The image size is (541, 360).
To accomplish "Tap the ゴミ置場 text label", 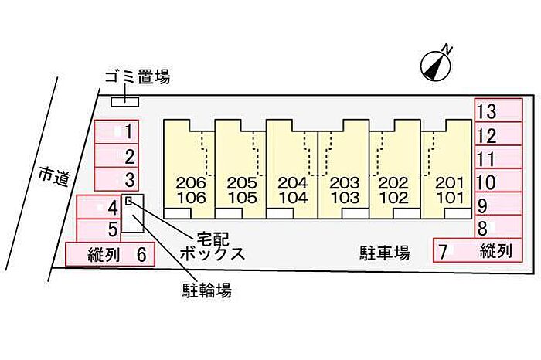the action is [138, 76].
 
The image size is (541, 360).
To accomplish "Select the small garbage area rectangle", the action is [124, 102].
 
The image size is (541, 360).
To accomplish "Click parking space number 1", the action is [116, 131].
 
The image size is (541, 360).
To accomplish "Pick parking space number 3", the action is [116, 179].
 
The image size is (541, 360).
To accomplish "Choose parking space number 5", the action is [98, 230].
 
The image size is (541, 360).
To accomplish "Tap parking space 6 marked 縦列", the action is [110, 254].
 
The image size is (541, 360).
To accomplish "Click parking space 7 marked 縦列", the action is [478, 251].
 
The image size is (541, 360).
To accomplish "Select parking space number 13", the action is [498, 110].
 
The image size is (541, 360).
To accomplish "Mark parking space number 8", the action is [498, 227].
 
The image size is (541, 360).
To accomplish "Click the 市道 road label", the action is [54, 177].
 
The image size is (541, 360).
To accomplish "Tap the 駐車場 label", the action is [384, 253].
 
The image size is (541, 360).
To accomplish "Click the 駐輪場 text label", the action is [206, 290].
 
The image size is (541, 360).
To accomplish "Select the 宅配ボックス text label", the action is [213, 246].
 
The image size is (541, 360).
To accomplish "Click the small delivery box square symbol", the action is [129, 200].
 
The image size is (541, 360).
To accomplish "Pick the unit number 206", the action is [190, 183].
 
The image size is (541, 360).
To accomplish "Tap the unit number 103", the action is [345, 198].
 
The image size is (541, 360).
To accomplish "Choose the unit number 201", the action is [449, 183].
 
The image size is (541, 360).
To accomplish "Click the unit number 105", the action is [242, 198].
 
